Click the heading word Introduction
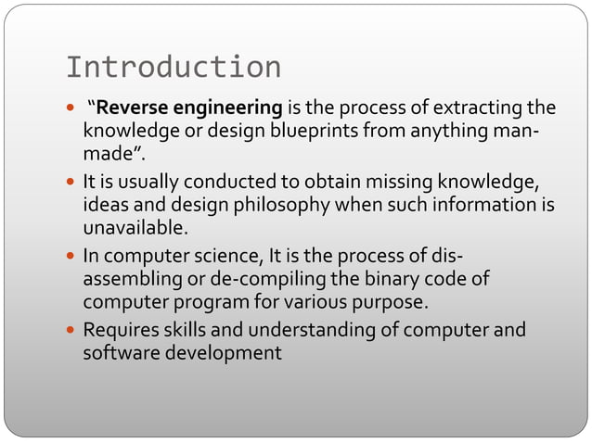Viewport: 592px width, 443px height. point(174,67)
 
